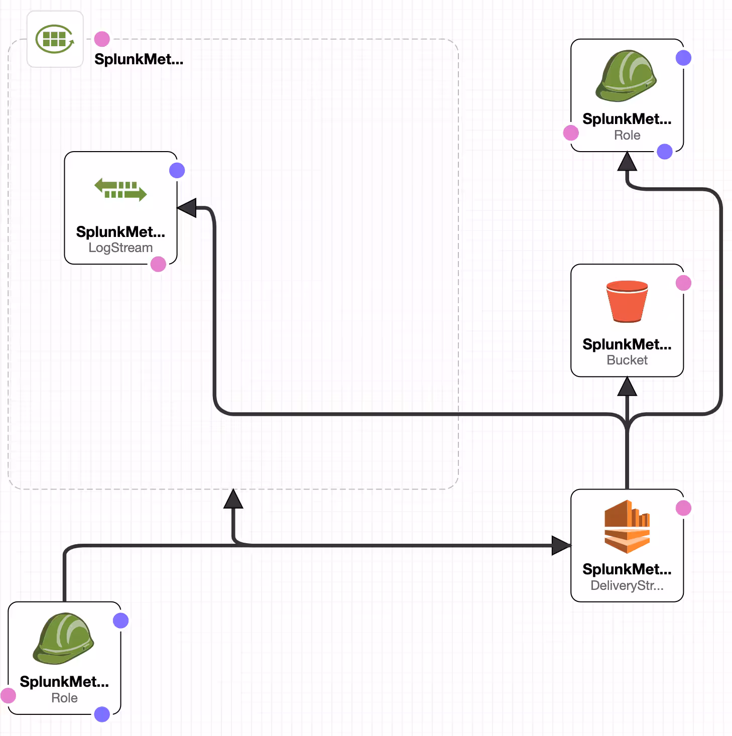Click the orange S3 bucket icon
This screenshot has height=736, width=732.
[627, 301]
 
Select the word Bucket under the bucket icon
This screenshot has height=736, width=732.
[627, 360]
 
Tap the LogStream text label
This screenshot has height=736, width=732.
[120, 248]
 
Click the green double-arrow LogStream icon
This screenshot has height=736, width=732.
[120, 189]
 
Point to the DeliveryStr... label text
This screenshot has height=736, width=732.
[627, 585]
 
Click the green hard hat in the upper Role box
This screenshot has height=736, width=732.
[627, 76]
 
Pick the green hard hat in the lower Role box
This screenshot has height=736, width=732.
[64, 638]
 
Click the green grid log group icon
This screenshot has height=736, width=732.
[55, 39]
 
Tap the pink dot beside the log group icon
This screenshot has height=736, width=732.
[102, 39]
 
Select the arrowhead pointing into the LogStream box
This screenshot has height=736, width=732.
[187, 208]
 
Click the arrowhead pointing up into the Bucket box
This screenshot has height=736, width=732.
[627, 387]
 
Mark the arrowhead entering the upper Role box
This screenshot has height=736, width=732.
[627, 162]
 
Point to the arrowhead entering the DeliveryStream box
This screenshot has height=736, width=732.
[561, 545]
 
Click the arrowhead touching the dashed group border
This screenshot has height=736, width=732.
[233, 499]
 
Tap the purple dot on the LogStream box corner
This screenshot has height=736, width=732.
[177, 171]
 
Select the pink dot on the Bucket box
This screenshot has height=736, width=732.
[683, 283]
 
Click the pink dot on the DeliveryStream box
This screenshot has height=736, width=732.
[683, 508]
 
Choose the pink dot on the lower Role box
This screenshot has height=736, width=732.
[8, 695]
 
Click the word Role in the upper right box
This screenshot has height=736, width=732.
[627, 135]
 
